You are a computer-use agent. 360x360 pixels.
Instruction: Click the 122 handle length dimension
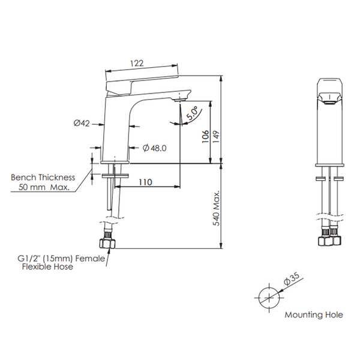click(x=137, y=63)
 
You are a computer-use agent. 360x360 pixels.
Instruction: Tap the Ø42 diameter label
click(x=82, y=123)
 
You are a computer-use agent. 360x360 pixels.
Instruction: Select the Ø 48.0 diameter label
click(x=155, y=148)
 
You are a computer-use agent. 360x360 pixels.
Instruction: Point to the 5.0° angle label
click(x=192, y=113)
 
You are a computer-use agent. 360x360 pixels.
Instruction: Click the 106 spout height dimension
click(x=205, y=136)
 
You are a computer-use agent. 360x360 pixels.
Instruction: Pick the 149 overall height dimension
click(x=216, y=137)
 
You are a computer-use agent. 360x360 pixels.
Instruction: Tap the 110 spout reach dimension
click(x=145, y=182)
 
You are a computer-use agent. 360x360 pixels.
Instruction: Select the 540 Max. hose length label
click(x=216, y=208)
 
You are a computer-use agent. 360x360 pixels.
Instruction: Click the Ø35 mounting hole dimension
click(x=292, y=278)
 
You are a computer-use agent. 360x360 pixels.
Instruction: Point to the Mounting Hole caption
click(x=314, y=314)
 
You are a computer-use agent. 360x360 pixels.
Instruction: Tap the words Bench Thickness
click(x=43, y=178)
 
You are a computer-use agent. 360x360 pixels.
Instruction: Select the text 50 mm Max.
click(x=44, y=187)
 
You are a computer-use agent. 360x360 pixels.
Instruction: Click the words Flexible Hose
click(x=47, y=266)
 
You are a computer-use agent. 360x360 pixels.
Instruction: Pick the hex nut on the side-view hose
click(x=107, y=244)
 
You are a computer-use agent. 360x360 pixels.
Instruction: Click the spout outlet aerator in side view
click(x=180, y=100)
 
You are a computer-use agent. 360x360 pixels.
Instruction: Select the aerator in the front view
click(x=329, y=103)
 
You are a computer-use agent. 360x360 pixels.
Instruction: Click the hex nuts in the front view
click(x=329, y=241)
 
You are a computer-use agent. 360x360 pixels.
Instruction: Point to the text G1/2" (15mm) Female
click(x=61, y=259)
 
